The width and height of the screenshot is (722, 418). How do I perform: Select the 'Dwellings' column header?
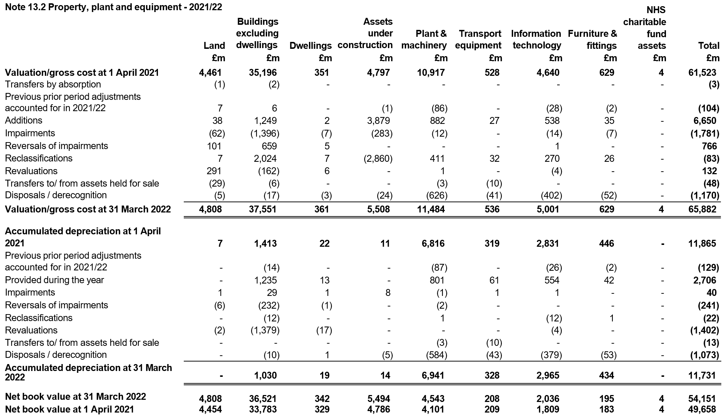pyautogui.click(x=311, y=46)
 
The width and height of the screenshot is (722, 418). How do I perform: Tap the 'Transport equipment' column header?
pyautogui.click(x=478, y=40)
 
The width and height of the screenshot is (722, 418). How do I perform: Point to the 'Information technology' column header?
pyautogui.click(x=536, y=40)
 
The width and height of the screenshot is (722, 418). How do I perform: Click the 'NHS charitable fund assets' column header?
pyautogui.click(x=644, y=28)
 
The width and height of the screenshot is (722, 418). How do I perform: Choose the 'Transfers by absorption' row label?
pyautogui.click(x=53, y=85)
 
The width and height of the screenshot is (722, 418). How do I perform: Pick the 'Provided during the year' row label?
pyautogui.click(x=54, y=280)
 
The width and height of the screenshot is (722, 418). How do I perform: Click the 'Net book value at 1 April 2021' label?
pyautogui.click(x=69, y=409)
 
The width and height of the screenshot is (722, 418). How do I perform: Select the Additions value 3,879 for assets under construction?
pyautogui.click(x=378, y=121)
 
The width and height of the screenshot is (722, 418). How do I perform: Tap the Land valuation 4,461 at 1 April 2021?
pyautogui.click(x=210, y=73)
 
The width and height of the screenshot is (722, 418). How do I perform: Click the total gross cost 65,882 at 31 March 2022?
pyautogui.click(x=702, y=209)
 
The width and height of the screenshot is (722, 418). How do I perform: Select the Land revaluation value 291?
pyautogui.click(x=214, y=171)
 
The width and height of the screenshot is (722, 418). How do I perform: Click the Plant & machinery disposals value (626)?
pyautogui.click(x=437, y=195)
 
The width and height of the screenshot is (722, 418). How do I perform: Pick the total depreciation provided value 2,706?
pyautogui.click(x=705, y=280)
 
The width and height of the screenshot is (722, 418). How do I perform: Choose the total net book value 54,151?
pyautogui.click(x=702, y=399)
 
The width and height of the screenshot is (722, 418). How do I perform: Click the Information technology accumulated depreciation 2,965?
pyautogui.click(x=548, y=376)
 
